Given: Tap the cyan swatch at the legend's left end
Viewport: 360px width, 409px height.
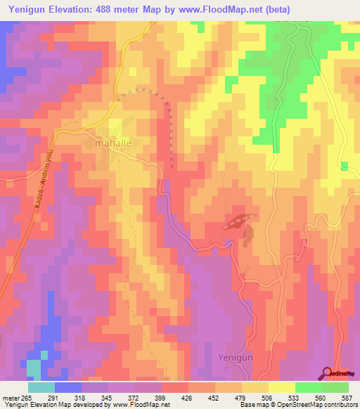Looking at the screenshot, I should point(41,387).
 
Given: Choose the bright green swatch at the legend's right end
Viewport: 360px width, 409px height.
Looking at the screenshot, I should point(335,387).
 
